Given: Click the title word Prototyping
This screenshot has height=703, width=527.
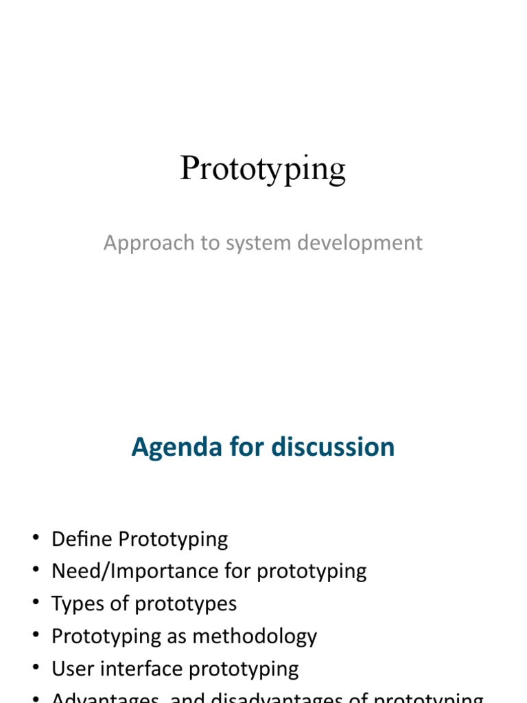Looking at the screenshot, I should (263, 170).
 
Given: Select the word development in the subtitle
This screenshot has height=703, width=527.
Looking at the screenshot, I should (351, 243).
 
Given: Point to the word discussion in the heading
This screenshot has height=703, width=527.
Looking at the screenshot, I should (333, 448).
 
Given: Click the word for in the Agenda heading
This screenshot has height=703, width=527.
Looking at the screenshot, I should (246, 448).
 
